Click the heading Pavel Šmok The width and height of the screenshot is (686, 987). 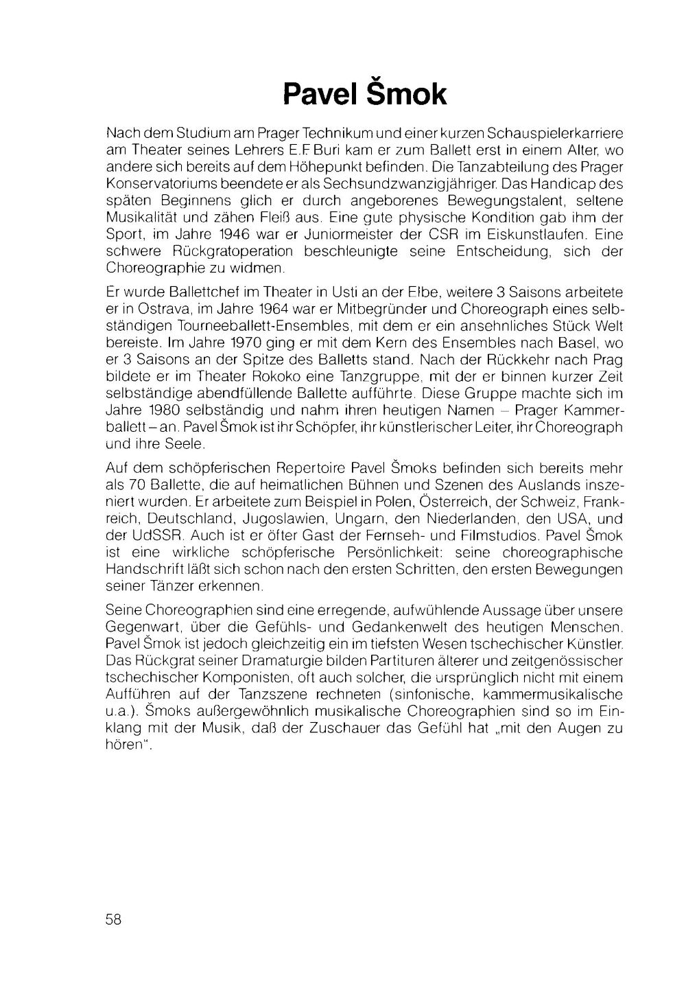(365, 95)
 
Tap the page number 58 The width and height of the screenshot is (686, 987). (114, 920)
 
